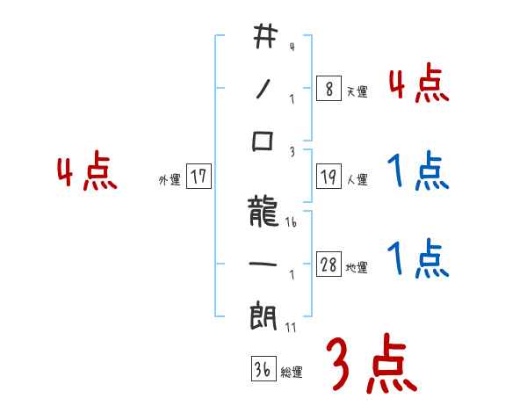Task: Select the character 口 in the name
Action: coord(263,141)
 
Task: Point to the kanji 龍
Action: coord(263,212)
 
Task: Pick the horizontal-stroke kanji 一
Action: coord(263,264)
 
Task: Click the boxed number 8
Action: coord(328,89)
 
